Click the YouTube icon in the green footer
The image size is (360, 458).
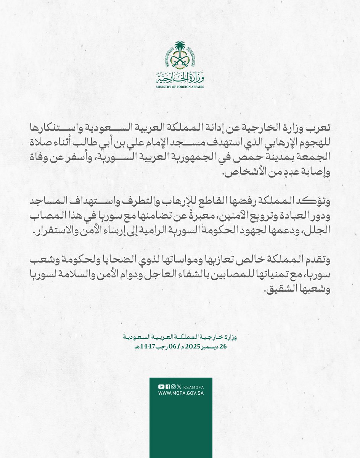coord(161,387)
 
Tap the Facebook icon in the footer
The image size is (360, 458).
coord(167,387)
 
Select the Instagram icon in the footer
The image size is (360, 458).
coord(173,387)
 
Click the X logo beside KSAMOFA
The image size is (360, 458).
coord(179,387)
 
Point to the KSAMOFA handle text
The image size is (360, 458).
coord(192,387)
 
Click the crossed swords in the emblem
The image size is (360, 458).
coord(180,62)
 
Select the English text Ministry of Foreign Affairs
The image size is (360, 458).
coord(180,87)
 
